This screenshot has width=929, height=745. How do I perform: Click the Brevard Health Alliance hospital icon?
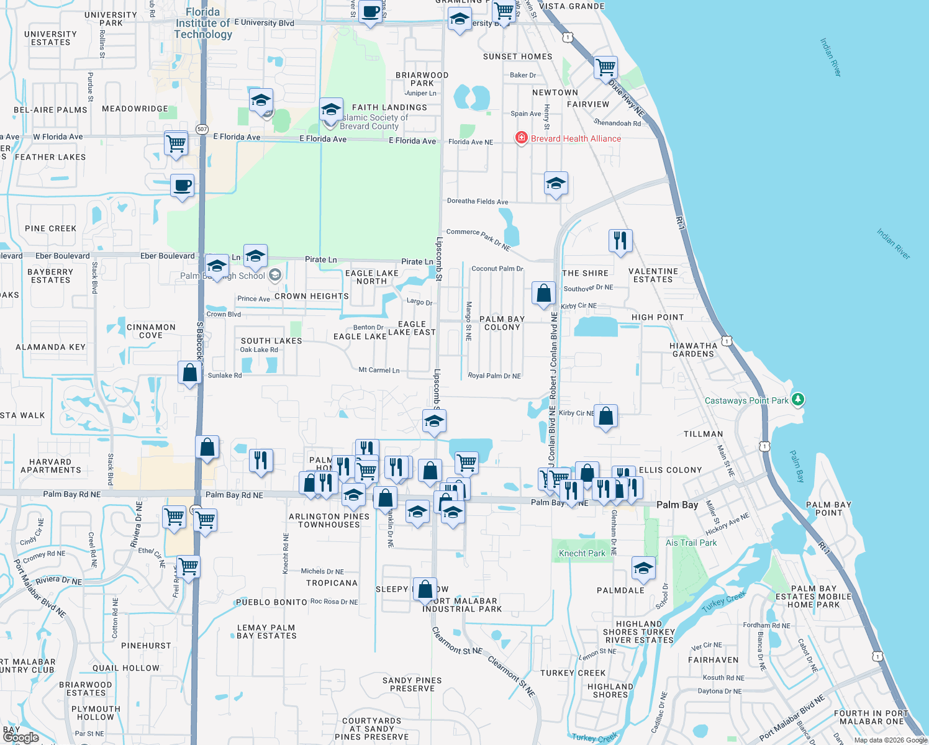pyautogui.click(x=522, y=138)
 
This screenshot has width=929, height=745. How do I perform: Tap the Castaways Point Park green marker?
pyautogui.click(x=798, y=400)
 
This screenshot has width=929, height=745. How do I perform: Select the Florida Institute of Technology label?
pyautogui.click(x=203, y=23)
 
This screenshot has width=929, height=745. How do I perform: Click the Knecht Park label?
pyautogui.click(x=582, y=553)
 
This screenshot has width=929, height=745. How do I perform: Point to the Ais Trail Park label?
pyautogui.click(x=691, y=543)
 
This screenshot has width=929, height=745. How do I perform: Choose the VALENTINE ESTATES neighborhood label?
pyautogui.click(x=653, y=276)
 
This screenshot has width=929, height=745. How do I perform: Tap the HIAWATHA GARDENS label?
pyautogui.click(x=693, y=350)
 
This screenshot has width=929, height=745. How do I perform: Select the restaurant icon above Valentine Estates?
pyautogui.click(x=620, y=240)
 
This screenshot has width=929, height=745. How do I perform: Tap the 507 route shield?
pyautogui.click(x=202, y=129)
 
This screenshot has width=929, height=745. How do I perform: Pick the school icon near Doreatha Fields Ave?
pyautogui.click(x=556, y=184)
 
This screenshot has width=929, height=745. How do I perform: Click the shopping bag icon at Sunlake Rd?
pyautogui.click(x=190, y=373)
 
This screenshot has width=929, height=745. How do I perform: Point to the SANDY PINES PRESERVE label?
pyautogui.click(x=412, y=684)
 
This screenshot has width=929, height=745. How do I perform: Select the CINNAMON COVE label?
pyautogui.click(x=151, y=331)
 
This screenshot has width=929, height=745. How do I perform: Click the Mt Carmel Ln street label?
pyautogui.click(x=379, y=370)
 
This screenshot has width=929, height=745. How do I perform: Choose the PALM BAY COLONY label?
pyautogui.click(x=502, y=323)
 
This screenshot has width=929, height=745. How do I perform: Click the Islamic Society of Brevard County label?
pyautogui.click(x=374, y=122)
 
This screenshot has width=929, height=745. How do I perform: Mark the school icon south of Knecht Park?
pyautogui.click(x=643, y=569)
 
